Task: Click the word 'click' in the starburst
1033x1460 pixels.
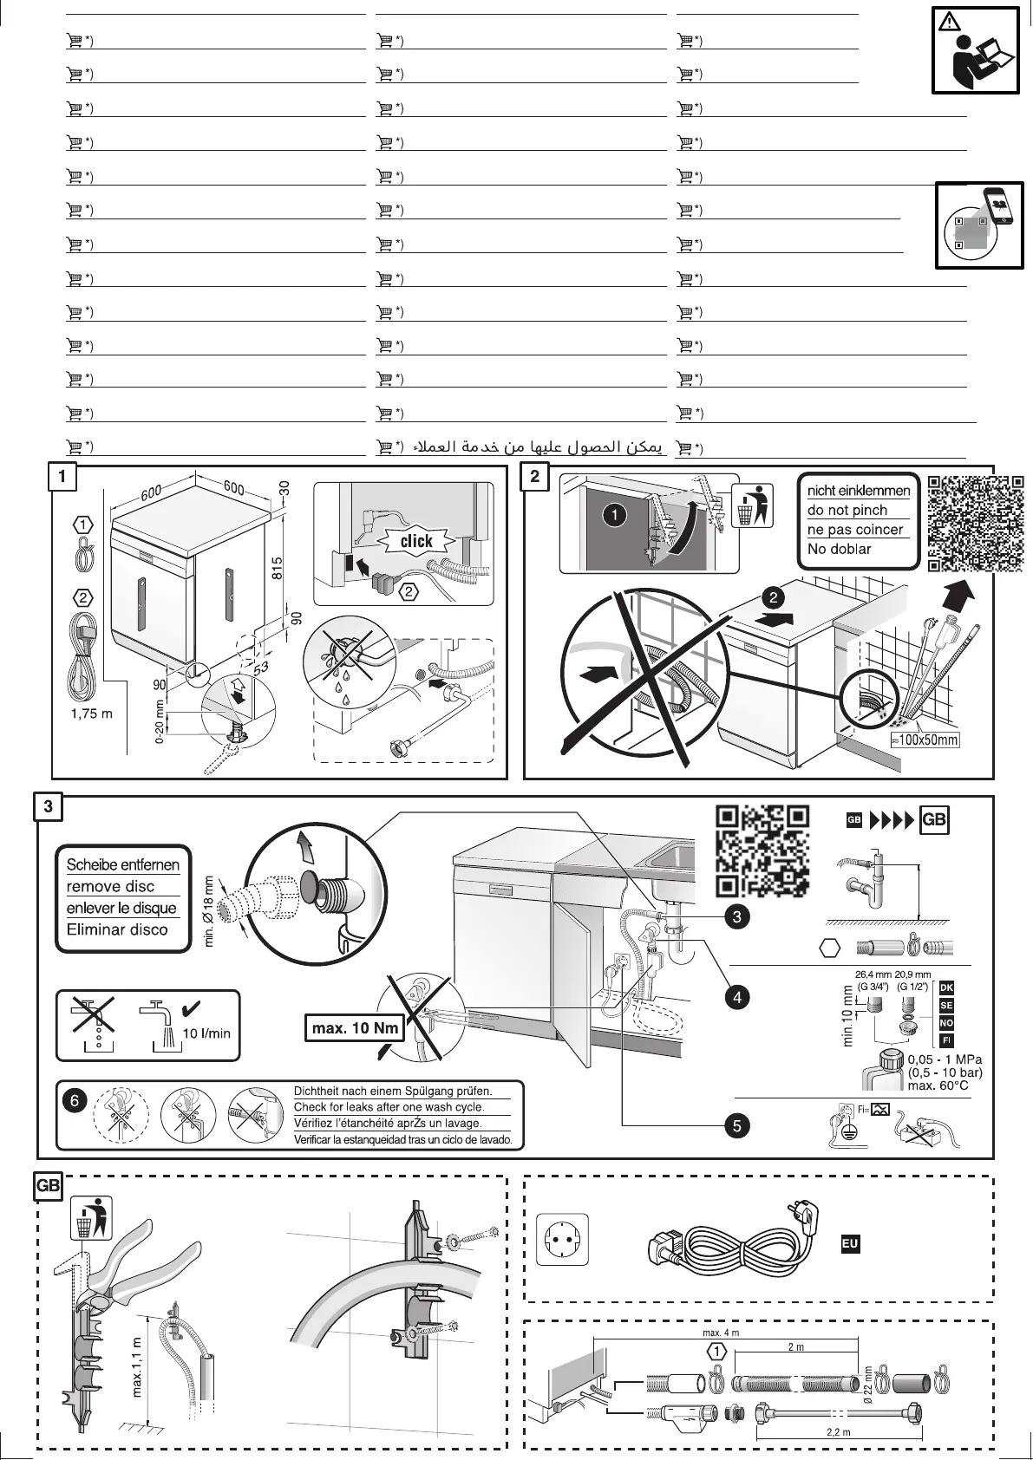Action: pyautogui.click(x=416, y=541)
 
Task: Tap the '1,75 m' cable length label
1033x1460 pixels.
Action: pyautogui.click(x=91, y=714)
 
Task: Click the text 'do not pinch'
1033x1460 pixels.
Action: pyautogui.click(x=847, y=510)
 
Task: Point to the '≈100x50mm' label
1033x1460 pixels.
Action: pyautogui.click(x=925, y=740)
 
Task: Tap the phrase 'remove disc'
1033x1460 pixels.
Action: pyautogui.click(x=110, y=886)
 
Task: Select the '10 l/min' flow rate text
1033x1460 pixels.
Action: pyautogui.click(x=206, y=1033)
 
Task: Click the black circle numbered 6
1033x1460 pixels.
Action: pyautogui.click(x=75, y=1099)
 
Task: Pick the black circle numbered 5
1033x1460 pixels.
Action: pyautogui.click(x=736, y=1126)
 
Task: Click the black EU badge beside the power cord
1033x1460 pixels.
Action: pyautogui.click(x=850, y=1244)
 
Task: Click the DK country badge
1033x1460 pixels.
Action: pyautogui.click(x=946, y=988)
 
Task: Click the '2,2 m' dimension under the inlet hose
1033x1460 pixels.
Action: pyautogui.click(x=838, y=1432)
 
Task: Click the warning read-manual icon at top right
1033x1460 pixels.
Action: pyautogui.click(x=976, y=50)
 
